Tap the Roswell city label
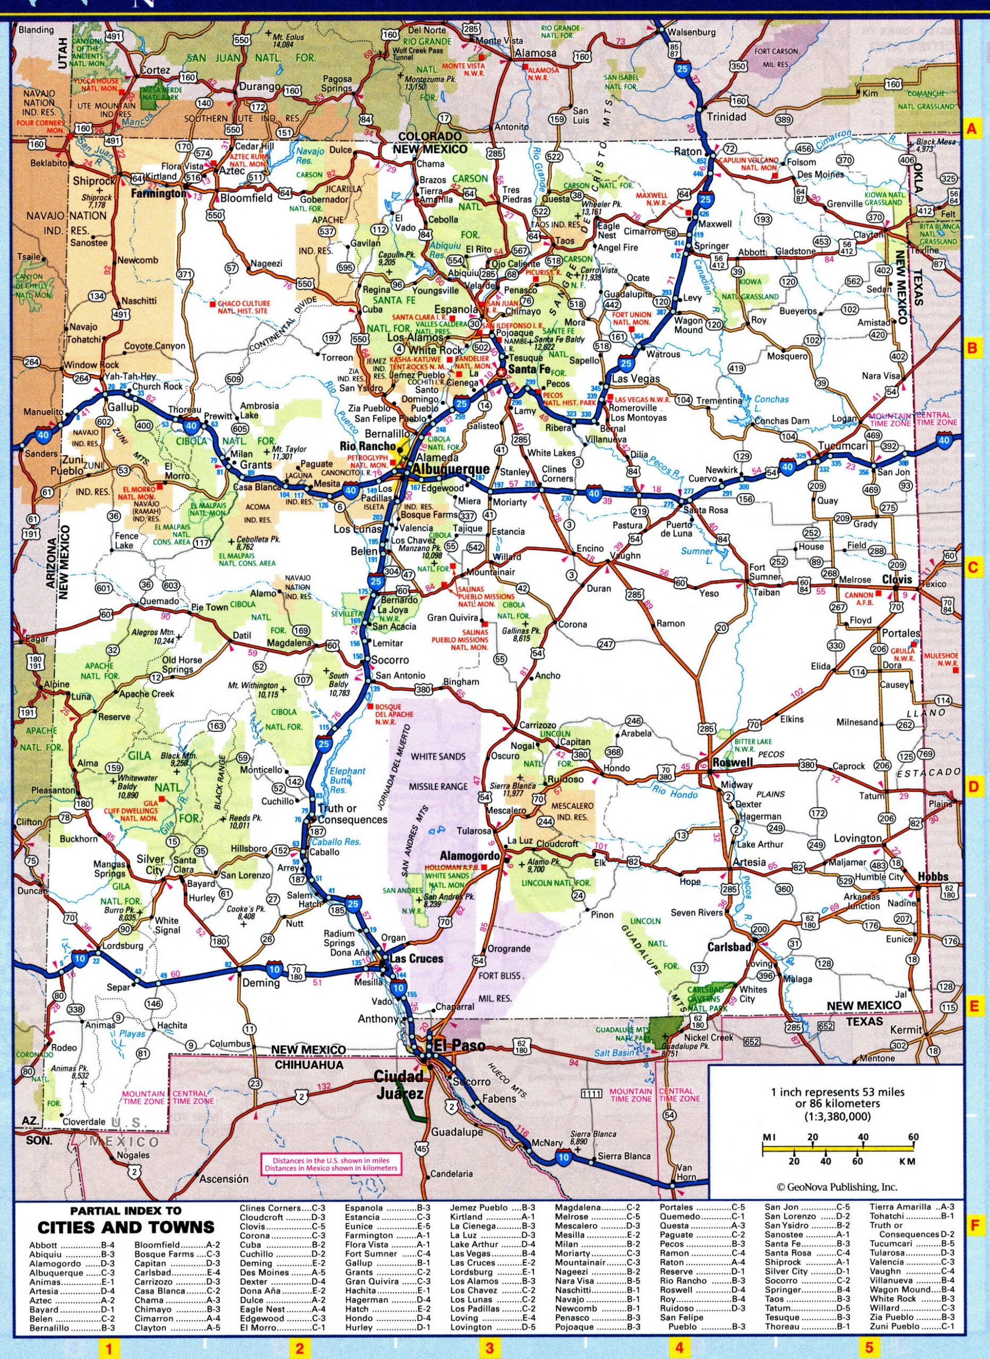(733, 762)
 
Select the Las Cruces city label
(416, 958)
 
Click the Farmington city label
(159, 194)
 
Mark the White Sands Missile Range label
(437, 771)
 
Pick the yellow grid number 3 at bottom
(489, 1349)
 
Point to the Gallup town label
(123, 407)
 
